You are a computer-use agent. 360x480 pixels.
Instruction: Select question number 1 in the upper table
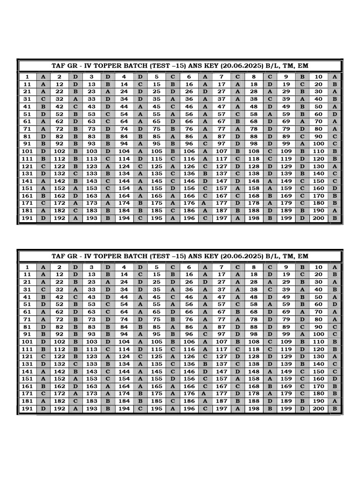[x=27, y=77]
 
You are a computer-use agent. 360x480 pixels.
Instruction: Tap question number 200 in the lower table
[x=318, y=409]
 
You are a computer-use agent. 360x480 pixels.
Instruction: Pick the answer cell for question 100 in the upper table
[x=335, y=143]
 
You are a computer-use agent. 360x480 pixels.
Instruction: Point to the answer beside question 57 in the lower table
[x=238, y=304]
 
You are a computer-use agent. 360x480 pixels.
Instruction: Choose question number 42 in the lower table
[x=60, y=297]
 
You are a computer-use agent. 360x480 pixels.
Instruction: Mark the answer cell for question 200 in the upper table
[x=335, y=218]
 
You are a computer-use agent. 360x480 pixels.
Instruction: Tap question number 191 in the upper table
[x=27, y=218]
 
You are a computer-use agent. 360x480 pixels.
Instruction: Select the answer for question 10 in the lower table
[x=335, y=267]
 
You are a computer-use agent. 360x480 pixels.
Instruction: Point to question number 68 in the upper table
[x=254, y=121]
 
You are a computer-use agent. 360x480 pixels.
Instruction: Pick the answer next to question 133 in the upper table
[x=108, y=173]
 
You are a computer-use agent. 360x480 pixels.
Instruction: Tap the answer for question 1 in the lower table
[x=43, y=267]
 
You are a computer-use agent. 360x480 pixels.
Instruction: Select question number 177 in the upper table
[x=221, y=203]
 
